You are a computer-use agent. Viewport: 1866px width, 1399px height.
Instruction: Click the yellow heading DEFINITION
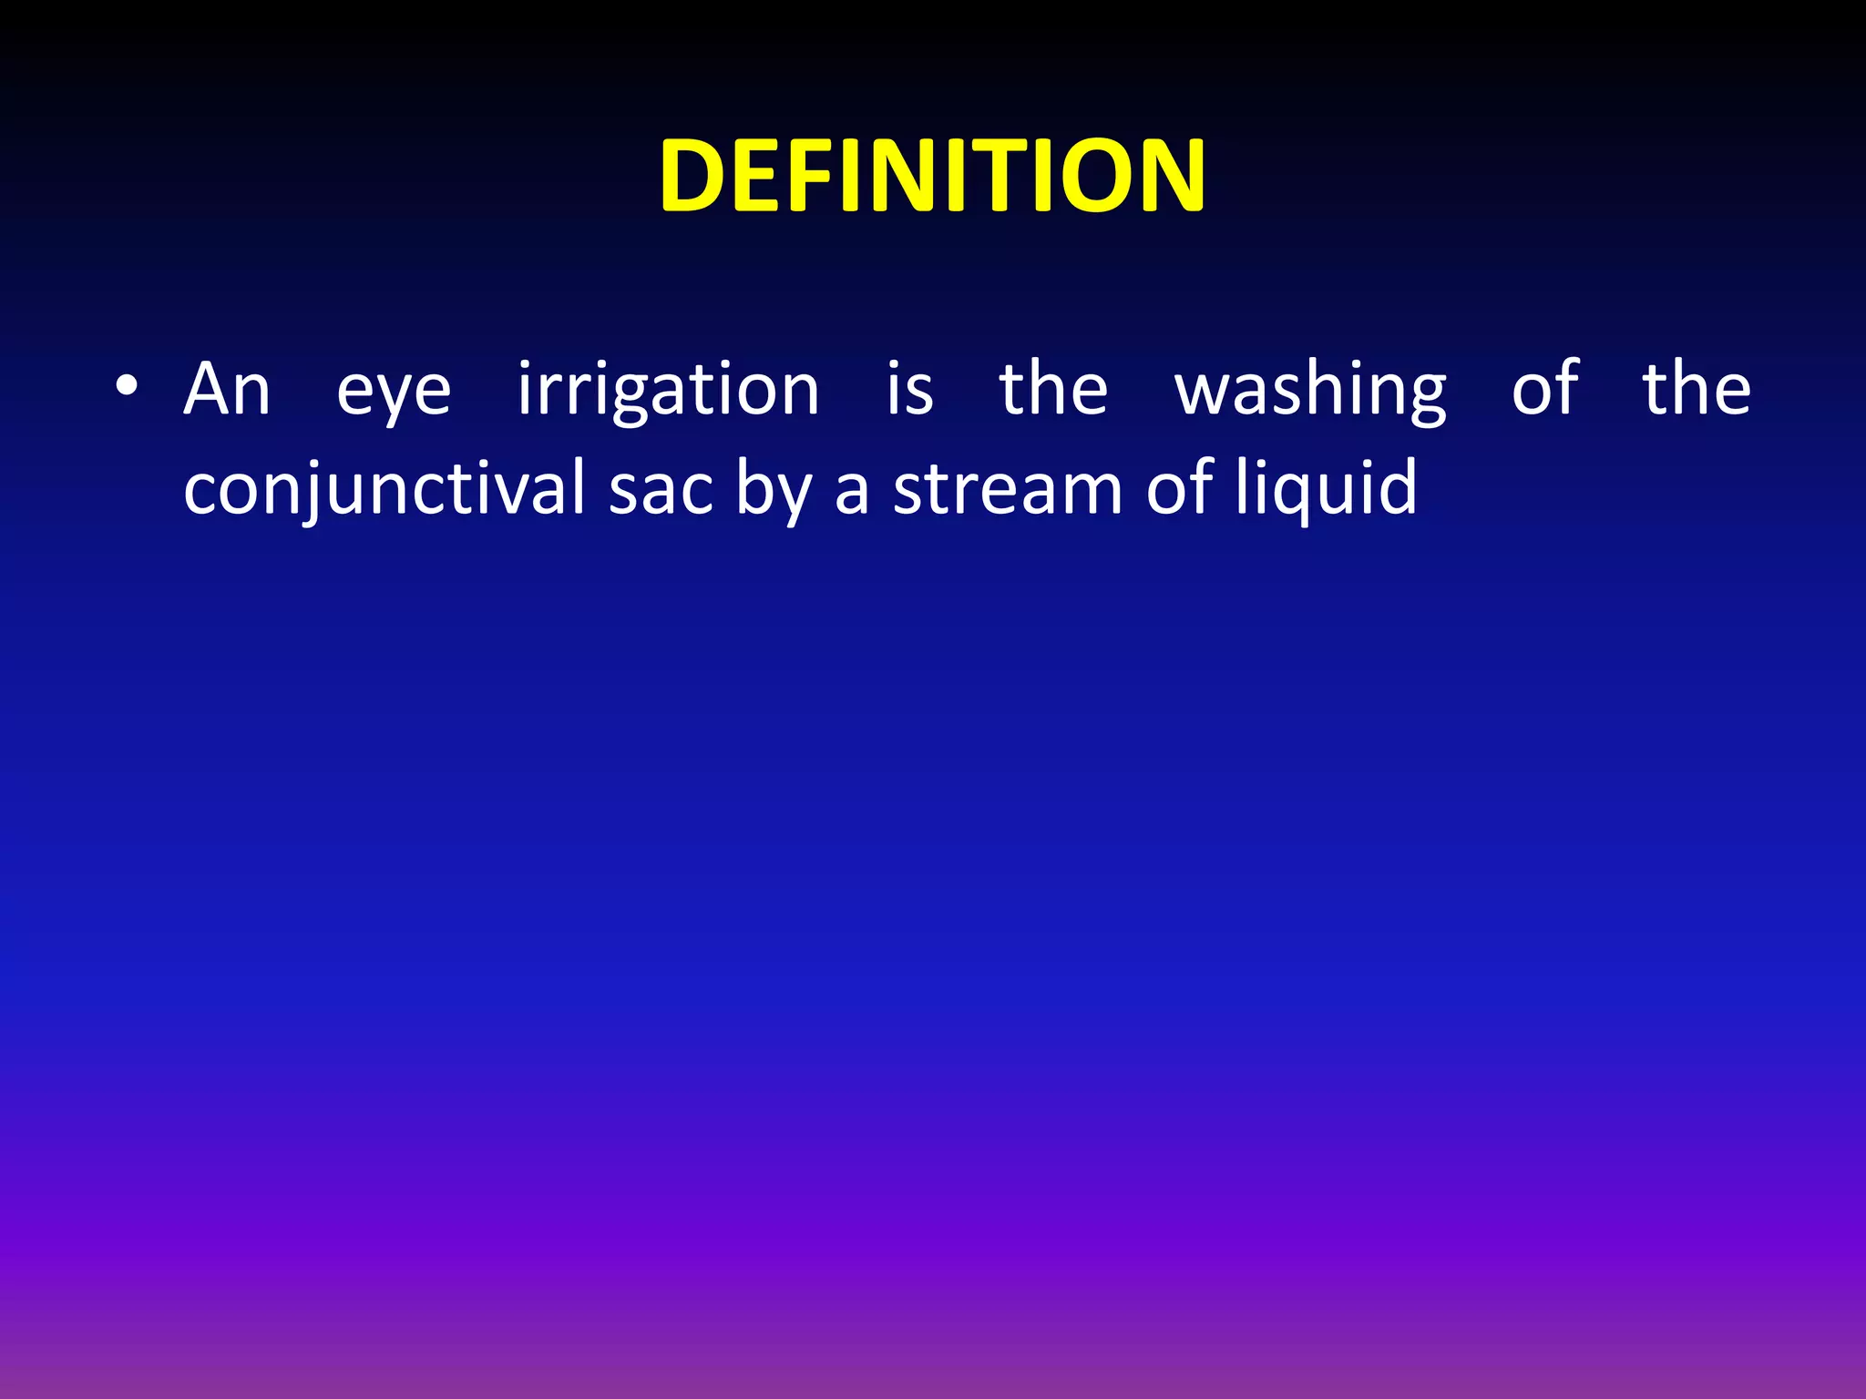933,175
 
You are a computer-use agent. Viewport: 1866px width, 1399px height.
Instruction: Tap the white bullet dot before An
127,387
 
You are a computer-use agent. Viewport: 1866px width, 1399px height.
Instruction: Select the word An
227,389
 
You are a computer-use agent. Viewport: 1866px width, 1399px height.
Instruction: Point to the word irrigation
669,392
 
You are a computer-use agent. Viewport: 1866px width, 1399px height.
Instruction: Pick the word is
910,389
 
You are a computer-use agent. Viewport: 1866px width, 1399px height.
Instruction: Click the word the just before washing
1053,389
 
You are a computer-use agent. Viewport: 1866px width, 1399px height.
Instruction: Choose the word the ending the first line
1697,389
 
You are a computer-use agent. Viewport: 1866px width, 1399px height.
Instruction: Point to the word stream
1008,490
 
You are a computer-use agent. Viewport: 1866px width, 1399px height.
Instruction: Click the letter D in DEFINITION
697,176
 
